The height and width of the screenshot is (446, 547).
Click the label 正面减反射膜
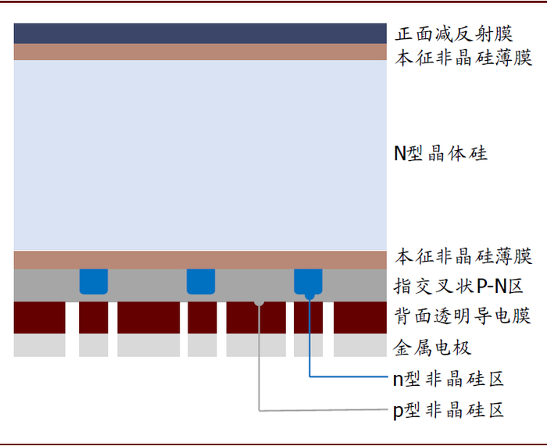(x=453, y=34)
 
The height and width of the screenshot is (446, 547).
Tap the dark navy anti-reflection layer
(x=200, y=34)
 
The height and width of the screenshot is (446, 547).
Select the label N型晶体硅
(x=440, y=153)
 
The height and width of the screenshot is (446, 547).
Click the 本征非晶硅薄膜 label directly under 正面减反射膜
(x=463, y=58)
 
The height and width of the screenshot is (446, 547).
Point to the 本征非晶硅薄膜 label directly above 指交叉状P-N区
(x=463, y=256)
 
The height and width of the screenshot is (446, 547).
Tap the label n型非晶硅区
(x=448, y=379)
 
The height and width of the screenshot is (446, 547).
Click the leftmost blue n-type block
(x=94, y=280)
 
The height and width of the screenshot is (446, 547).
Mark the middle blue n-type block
(x=201, y=280)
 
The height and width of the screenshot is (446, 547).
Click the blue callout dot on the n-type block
(x=310, y=294)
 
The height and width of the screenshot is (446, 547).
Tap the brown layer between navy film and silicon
(x=200, y=52)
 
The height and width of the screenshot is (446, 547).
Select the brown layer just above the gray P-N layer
(x=200, y=259)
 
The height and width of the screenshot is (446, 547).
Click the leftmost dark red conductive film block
(x=39, y=317)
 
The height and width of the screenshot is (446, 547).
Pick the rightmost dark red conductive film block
(x=360, y=317)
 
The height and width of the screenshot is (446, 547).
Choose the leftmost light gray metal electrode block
(x=39, y=345)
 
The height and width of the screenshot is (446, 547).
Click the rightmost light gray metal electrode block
(x=360, y=345)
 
